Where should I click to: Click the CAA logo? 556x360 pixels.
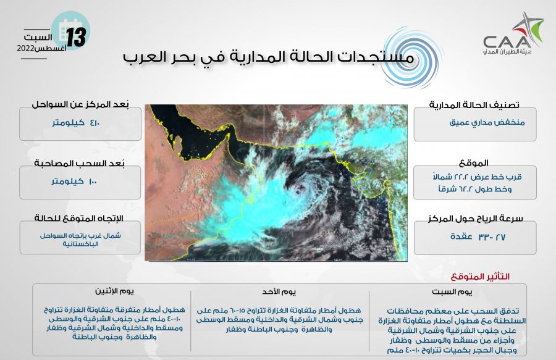click(513, 35)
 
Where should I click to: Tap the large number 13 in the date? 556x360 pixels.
click(76, 38)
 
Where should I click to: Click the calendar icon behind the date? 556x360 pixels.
click(70, 30)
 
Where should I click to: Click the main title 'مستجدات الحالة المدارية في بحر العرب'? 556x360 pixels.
click(269, 58)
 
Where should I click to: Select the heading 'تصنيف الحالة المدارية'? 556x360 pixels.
click(474, 105)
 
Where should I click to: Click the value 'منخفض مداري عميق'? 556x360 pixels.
click(487, 123)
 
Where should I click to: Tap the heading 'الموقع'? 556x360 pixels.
click(474, 163)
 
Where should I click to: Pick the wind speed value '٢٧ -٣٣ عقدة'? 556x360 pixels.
click(478, 237)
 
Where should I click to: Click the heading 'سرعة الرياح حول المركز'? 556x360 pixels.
click(476, 219)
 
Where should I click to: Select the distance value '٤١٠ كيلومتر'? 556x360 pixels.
click(76, 123)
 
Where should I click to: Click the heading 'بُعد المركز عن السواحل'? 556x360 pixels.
click(80, 104)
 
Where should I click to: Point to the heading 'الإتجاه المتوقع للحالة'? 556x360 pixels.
click(78, 218)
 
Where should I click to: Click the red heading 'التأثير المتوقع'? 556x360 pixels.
click(480, 277)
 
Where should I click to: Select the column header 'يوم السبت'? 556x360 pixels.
click(452, 292)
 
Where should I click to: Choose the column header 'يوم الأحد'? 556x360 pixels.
click(279, 291)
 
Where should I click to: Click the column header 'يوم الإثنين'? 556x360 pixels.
click(114, 291)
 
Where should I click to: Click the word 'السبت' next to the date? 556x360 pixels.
click(38, 37)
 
